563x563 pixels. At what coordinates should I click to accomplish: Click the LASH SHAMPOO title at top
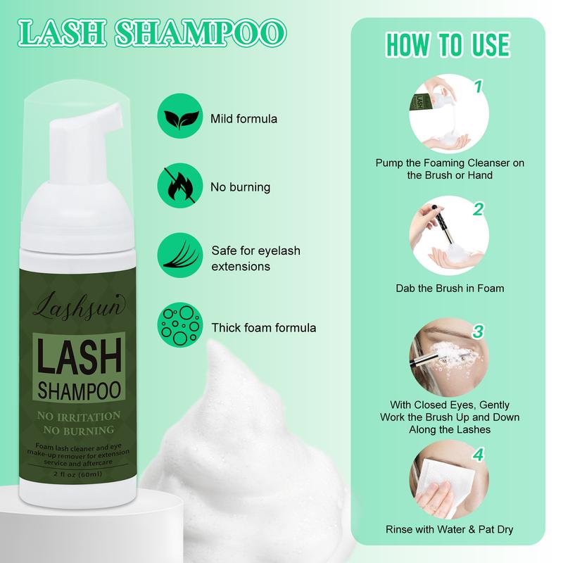pos(152,33)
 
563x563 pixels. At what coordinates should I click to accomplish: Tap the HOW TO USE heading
pos(448,45)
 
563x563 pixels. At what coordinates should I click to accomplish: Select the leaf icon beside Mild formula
pos(180,116)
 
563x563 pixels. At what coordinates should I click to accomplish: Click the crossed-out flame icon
pos(180,185)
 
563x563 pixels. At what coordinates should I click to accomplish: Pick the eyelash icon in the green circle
pos(180,255)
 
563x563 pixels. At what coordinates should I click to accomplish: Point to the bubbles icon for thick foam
pos(180,324)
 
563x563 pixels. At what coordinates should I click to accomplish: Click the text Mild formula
pos(243,119)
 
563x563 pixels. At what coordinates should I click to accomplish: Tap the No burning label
pos(240,187)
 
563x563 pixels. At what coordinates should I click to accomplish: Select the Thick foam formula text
pos(264,328)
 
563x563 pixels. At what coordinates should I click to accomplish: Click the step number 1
pos(478,87)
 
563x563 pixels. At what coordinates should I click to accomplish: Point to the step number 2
pos(479,209)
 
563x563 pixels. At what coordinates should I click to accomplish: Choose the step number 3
pos(479,331)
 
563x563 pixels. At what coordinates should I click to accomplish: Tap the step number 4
pos(479,454)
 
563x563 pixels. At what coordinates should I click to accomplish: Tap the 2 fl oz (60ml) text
pos(77,474)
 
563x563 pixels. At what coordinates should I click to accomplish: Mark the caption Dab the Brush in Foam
pos(450,289)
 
